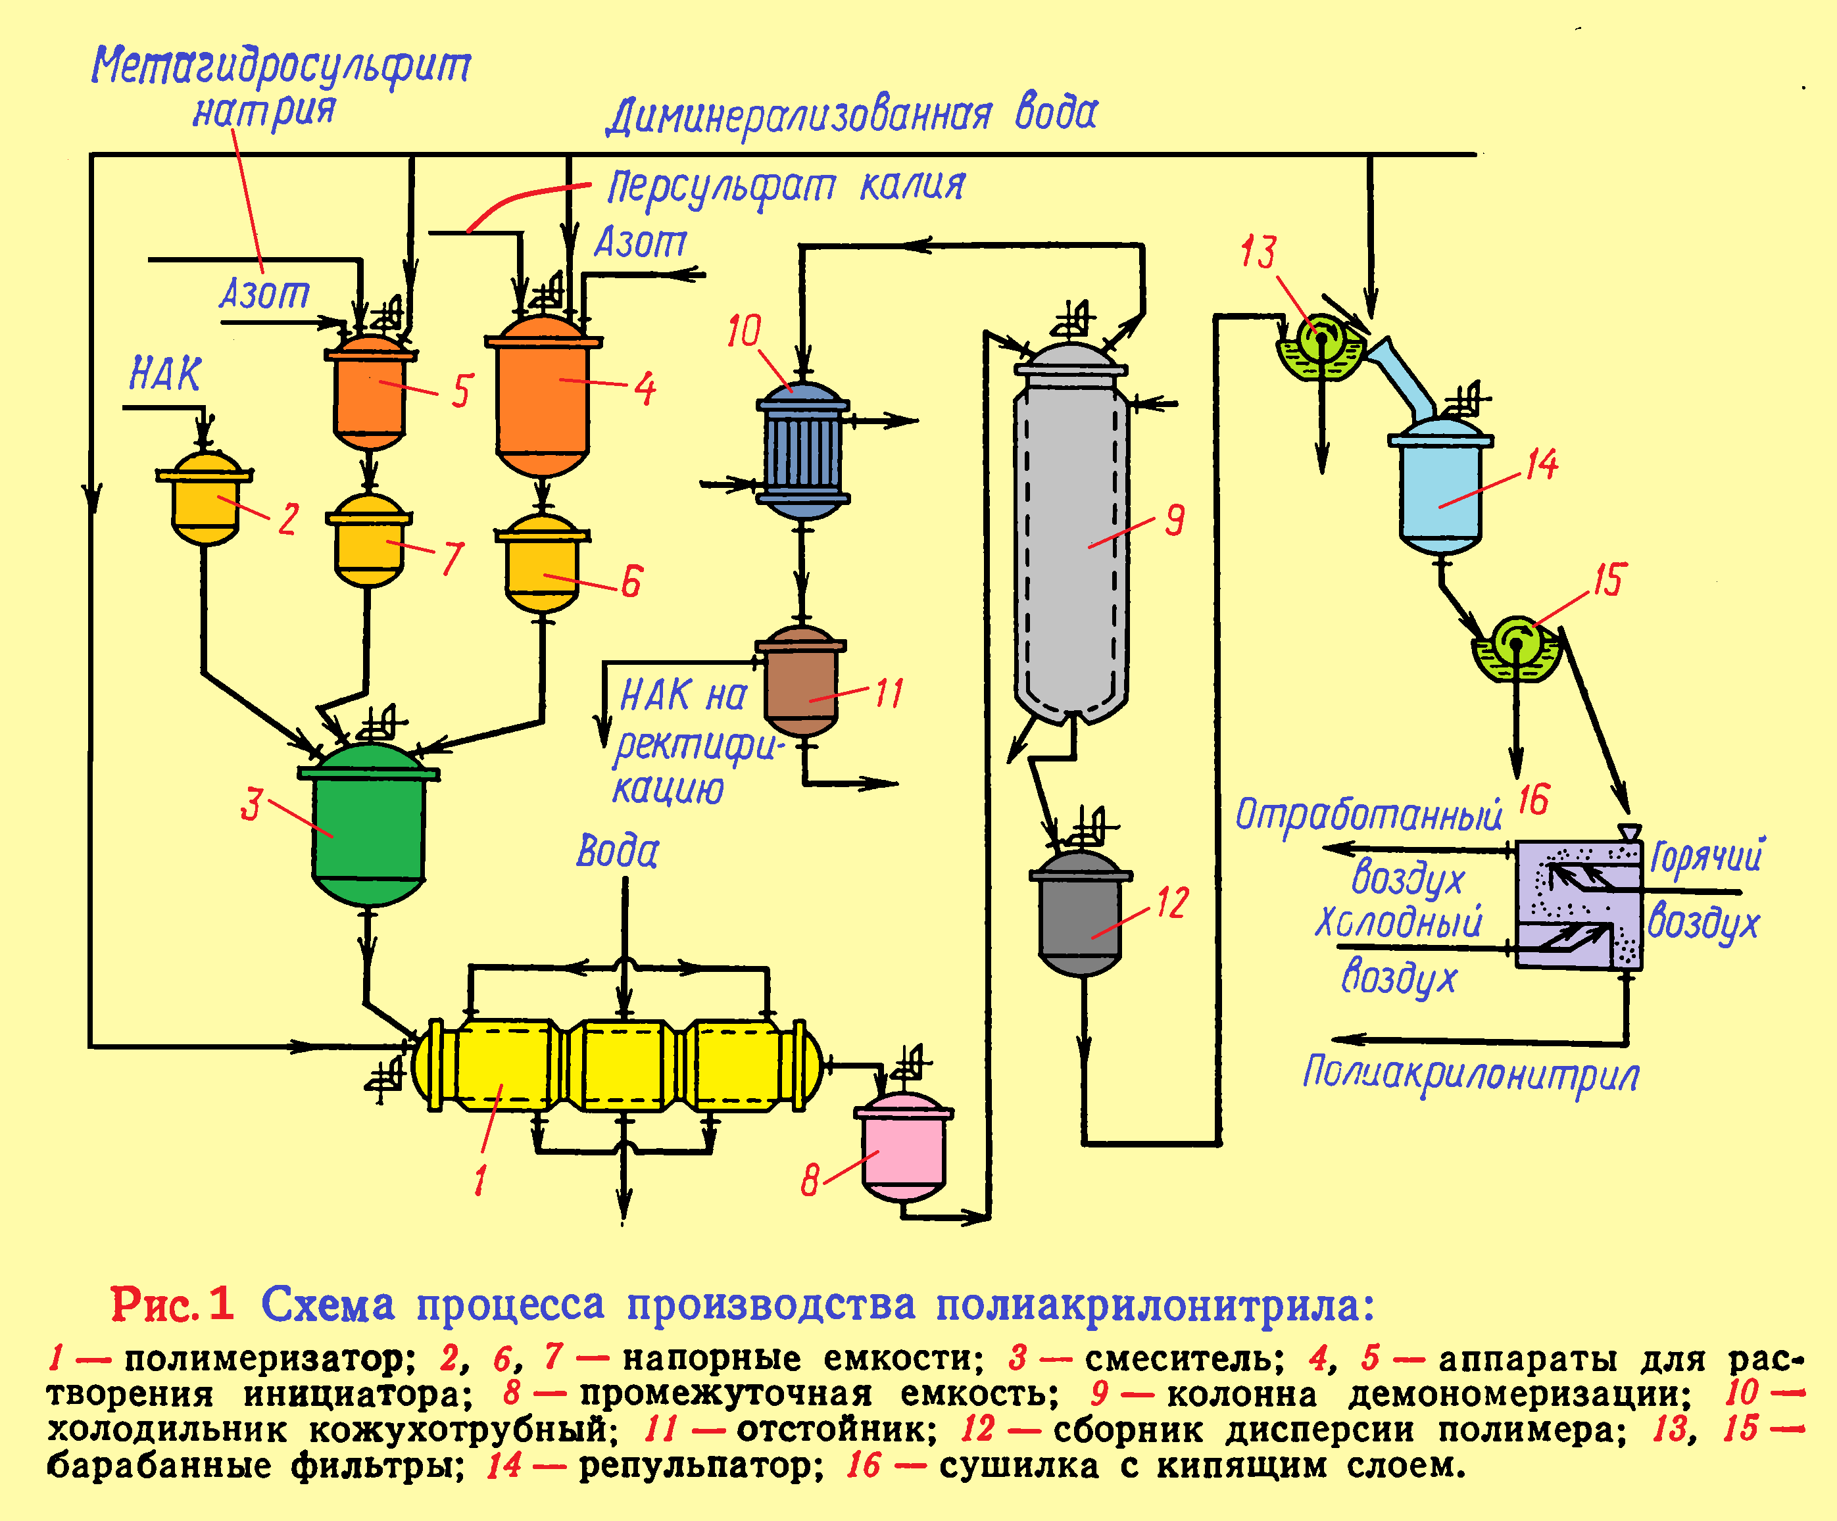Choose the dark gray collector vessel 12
tap(1081, 914)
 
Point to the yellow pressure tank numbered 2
tap(205, 498)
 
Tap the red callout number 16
tap(1532, 798)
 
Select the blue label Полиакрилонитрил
tap(1471, 1073)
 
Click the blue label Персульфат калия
tap(785, 186)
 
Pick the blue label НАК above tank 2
tap(165, 374)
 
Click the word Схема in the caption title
tap(328, 1304)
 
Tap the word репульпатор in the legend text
tap(700, 1465)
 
